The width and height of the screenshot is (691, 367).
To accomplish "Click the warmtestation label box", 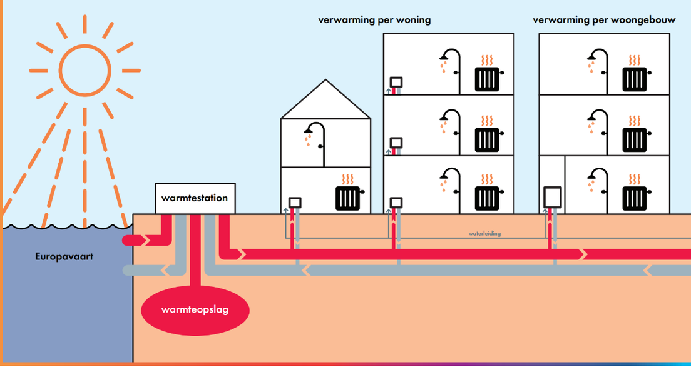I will (195, 198).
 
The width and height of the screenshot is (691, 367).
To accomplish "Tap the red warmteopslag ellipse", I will (195, 309).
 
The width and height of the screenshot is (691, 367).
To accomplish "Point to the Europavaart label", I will (64, 256).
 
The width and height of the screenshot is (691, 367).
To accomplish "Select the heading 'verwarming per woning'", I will (374, 20).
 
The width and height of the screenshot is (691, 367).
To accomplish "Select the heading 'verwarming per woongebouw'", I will (604, 20).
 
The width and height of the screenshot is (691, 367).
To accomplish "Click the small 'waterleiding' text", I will (484, 233).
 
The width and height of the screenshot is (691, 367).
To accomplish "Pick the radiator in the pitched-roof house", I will (349, 198).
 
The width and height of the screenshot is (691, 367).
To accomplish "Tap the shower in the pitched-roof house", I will (317, 138).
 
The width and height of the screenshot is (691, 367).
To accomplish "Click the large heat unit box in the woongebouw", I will (553, 197).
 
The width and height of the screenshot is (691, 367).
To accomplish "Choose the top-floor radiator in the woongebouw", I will (635, 78).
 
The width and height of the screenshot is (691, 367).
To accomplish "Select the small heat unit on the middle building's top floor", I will (396, 83).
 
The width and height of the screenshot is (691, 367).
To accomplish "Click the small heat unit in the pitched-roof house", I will (295, 203).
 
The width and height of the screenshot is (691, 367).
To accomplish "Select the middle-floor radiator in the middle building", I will (488, 139).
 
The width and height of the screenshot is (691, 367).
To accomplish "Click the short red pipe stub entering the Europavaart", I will (135, 240).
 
